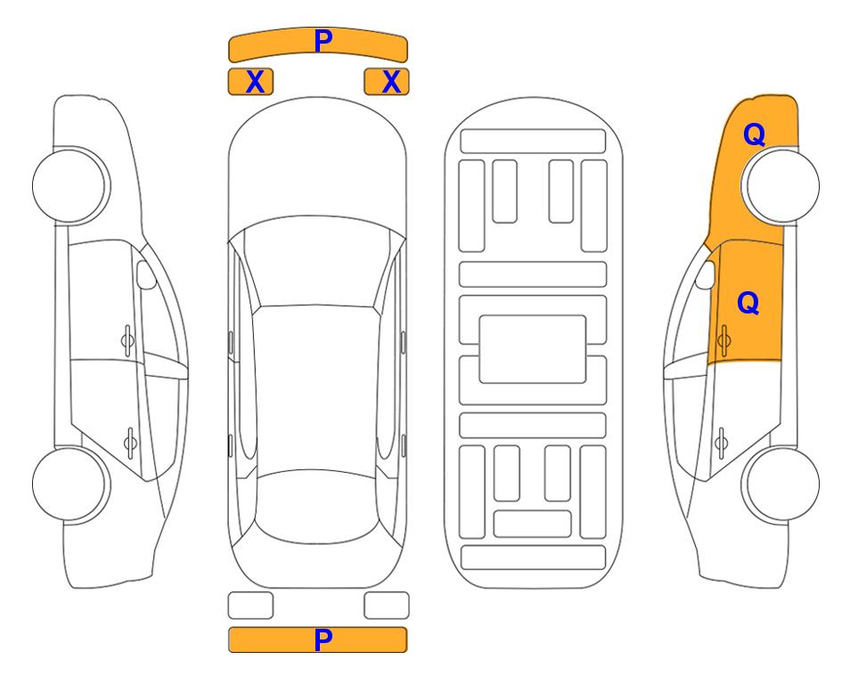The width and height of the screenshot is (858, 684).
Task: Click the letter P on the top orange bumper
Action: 323,40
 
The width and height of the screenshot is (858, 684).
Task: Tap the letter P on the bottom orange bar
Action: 323,639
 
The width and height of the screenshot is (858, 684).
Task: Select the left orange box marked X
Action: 250,82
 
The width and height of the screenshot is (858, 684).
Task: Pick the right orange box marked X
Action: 387,82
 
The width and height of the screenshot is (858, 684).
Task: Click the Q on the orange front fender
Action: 754,134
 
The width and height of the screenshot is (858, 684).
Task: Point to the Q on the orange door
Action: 748,303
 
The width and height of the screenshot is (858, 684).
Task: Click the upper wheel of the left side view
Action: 71,186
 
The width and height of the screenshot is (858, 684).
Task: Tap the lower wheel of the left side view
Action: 71,484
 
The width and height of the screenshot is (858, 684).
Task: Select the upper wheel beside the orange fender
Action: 780,186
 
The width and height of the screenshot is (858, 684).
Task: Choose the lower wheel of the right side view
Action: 780,484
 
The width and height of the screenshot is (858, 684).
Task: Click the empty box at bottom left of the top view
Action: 250,606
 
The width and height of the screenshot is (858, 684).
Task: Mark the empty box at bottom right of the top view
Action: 387,606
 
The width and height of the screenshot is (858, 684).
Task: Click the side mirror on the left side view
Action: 145,274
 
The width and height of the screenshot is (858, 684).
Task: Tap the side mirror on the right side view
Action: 706,274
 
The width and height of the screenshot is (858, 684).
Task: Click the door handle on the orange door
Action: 723,340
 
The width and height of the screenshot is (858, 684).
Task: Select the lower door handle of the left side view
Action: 130,442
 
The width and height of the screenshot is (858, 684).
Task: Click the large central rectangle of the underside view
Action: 533,349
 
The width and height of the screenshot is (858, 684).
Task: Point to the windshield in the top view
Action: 317,265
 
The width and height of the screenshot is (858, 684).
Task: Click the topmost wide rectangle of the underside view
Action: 533,142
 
